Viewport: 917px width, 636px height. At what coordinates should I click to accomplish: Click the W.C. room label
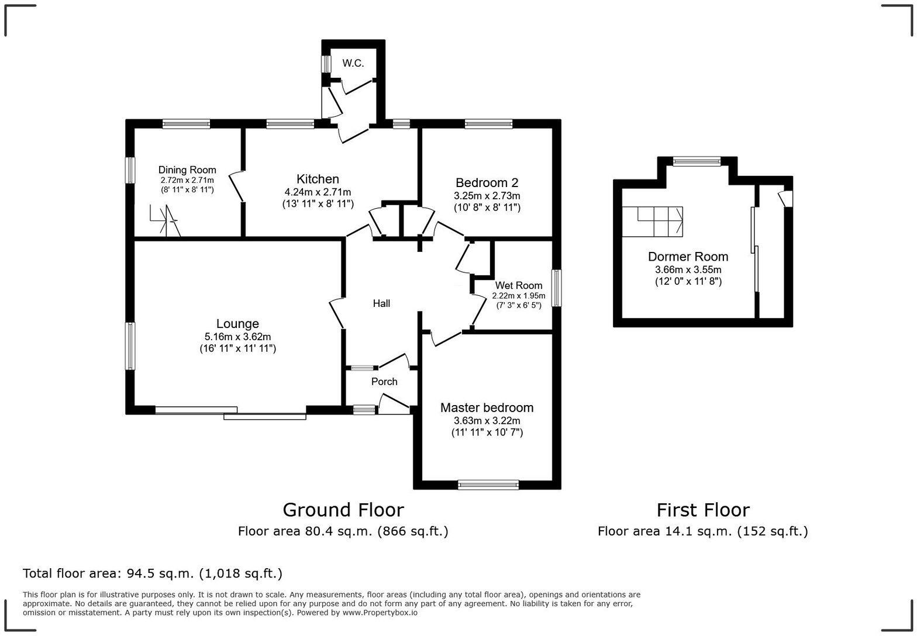click(x=353, y=63)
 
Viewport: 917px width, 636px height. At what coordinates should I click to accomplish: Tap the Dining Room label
click(x=187, y=170)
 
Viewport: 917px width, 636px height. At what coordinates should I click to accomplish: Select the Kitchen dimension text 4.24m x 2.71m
click(x=318, y=192)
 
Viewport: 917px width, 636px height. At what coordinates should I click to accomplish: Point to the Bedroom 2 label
click(x=487, y=183)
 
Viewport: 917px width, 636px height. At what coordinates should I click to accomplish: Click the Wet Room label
click(x=518, y=286)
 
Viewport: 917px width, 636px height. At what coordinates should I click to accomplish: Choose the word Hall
click(x=381, y=303)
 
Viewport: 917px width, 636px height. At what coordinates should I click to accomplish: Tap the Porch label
click(x=384, y=382)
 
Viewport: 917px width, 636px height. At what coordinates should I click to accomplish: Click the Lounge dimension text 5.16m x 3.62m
click(x=237, y=337)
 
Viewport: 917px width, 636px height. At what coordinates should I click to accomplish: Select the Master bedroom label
click(x=487, y=408)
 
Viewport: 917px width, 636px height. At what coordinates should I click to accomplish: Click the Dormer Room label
click(x=688, y=257)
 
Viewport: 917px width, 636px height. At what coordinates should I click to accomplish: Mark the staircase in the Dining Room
click(x=164, y=222)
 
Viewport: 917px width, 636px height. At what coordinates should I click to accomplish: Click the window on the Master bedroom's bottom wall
click(x=488, y=484)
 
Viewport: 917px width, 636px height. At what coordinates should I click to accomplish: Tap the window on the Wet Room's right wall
click(x=557, y=288)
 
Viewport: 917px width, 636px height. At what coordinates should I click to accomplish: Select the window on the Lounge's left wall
click(x=130, y=345)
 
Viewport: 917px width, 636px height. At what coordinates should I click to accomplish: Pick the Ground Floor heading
click(x=343, y=510)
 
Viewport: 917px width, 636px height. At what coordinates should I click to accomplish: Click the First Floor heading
click(x=702, y=510)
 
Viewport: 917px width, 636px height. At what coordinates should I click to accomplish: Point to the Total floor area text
click(x=153, y=573)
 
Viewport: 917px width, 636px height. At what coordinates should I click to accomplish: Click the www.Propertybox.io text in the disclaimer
click(x=380, y=613)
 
